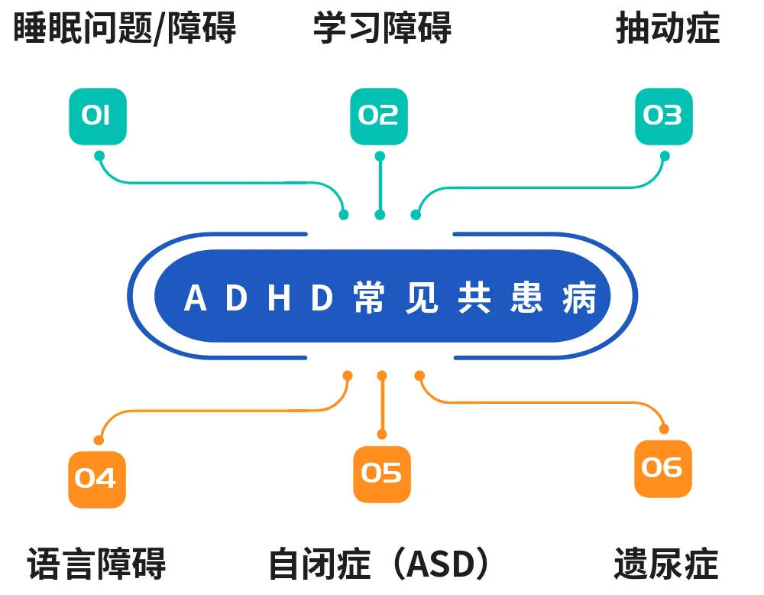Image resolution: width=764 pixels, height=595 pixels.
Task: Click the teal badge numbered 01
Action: [x=98, y=116]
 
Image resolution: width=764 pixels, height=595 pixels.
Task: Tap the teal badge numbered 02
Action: [x=379, y=116]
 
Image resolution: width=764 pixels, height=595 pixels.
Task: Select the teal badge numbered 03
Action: [x=664, y=116]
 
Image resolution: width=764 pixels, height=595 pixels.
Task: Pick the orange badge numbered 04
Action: [x=97, y=480]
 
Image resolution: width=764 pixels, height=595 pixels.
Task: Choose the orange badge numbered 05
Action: [x=382, y=474]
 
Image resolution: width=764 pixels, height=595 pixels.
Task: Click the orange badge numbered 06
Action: [x=663, y=469]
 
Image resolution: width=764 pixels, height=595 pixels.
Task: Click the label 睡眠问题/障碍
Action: [x=125, y=28]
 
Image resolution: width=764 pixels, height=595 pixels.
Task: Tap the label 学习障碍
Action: [x=383, y=28]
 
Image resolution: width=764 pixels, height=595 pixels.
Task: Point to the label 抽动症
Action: [x=668, y=28]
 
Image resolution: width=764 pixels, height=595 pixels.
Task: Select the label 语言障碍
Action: [x=96, y=564]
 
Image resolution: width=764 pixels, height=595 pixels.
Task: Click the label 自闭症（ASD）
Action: [x=379, y=564]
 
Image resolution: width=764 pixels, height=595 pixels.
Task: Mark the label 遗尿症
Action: [x=666, y=564]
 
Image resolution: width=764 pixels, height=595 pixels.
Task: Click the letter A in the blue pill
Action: [x=196, y=298]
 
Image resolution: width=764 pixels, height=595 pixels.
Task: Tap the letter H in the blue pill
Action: [x=279, y=298]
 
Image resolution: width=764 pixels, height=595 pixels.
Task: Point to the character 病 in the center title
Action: [x=579, y=297]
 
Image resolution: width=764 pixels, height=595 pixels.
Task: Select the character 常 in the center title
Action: [x=369, y=297]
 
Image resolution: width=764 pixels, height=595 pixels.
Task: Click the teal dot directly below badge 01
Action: [x=99, y=156]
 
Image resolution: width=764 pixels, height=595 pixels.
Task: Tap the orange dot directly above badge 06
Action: [x=664, y=429]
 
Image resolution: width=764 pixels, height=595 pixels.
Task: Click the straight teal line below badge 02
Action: [x=380, y=185]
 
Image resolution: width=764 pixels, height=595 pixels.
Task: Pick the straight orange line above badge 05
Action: [x=382, y=405]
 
